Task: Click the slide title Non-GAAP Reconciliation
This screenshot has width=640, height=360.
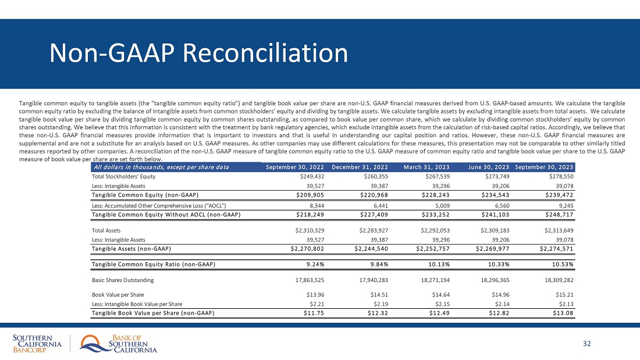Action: [x=199, y=54]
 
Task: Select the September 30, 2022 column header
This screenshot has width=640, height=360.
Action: [x=294, y=167]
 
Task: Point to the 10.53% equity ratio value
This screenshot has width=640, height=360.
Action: [x=561, y=265]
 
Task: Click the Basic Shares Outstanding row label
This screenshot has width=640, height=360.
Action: [x=123, y=280]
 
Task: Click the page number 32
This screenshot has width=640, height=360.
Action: [x=586, y=344]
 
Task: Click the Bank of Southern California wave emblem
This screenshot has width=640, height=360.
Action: [x=92, y=344]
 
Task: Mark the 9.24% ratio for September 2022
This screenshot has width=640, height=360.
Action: [x=311, y=265]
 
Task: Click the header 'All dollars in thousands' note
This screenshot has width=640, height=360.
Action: [x=160, y=167]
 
